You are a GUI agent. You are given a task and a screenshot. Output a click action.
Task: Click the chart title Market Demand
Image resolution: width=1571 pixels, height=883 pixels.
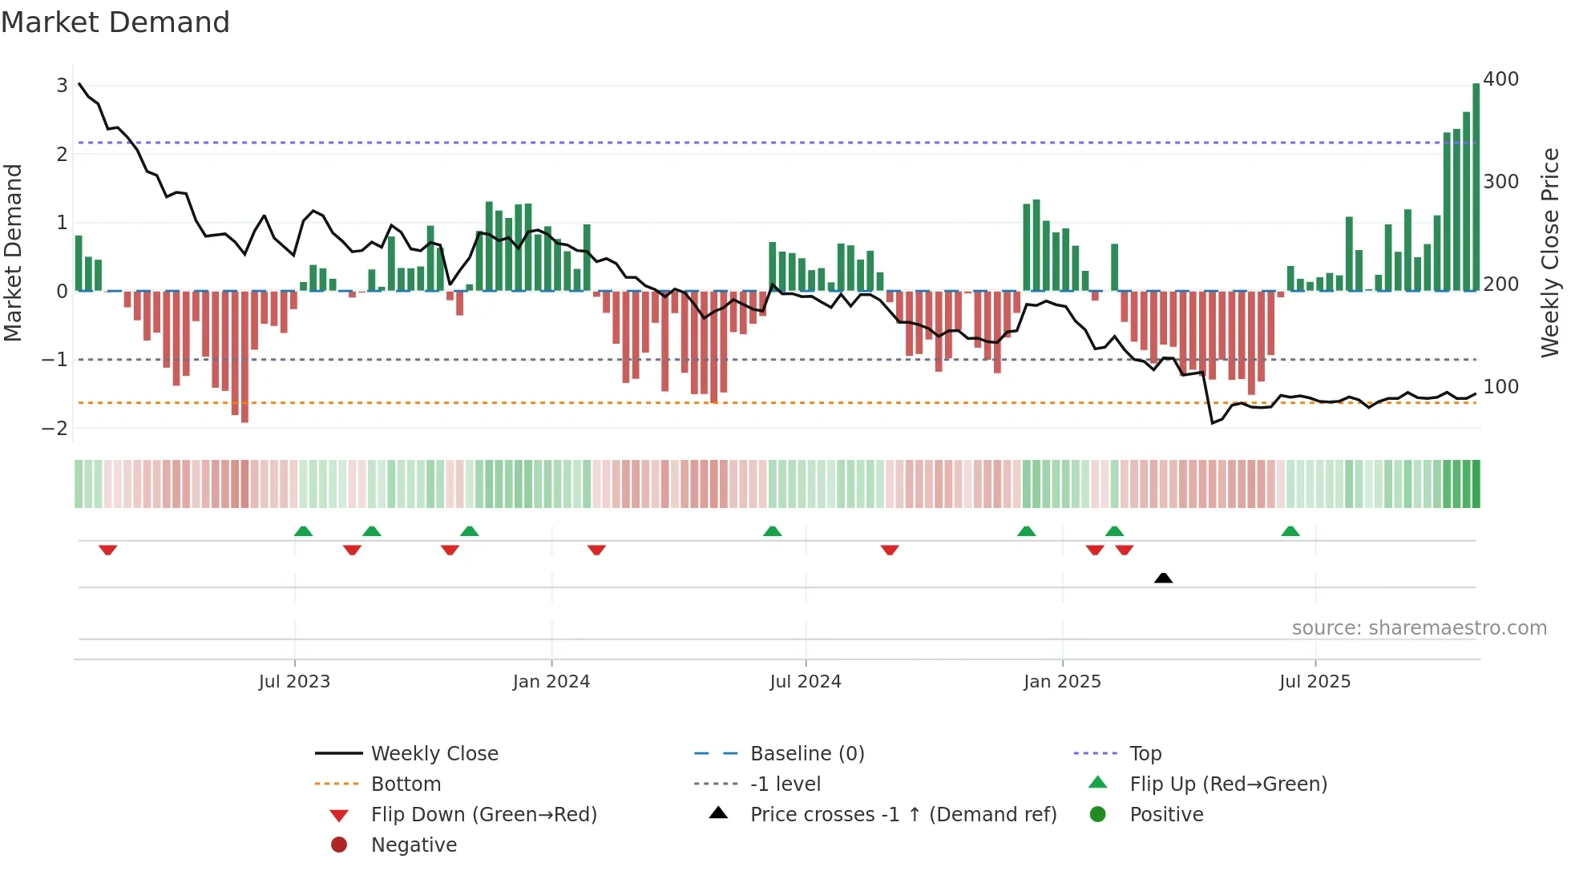pyautogui.click(x=115, y=22)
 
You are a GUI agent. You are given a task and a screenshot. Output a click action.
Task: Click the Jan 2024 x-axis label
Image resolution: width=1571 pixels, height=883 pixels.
pyautogui.click(x=551, y=682)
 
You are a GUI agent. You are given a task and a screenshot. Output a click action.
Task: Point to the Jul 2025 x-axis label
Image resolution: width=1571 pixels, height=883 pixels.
pyautogui.click(x=1315, y=682)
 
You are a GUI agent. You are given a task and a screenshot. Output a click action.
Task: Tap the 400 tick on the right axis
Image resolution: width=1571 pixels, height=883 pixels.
pyautogui.click(x=1500, y=79)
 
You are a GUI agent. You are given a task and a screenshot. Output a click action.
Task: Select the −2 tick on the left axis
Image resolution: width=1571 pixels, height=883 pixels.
pyautogui.click(x=55, y=428)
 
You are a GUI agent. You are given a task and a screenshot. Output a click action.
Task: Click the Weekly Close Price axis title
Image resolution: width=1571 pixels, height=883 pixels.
pyautogui.click(x=1550, y=252)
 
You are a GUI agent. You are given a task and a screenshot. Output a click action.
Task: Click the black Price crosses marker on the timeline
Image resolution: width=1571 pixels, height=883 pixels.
pyautogui.click(x=1163, y=578)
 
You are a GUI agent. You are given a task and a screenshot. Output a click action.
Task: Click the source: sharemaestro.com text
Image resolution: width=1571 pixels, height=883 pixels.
pyautogui.click(x=1419, y=628)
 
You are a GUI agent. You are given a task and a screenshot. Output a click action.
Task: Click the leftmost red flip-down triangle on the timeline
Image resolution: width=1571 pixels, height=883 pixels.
pyautogui.click(x=108, y=550)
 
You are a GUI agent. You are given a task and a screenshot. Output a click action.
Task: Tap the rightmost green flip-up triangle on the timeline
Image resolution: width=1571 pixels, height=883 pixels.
pyautogui.click(x=1290, y=531)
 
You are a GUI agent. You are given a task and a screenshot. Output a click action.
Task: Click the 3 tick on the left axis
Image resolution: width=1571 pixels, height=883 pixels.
pyautogui.click(x=62, y=85)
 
